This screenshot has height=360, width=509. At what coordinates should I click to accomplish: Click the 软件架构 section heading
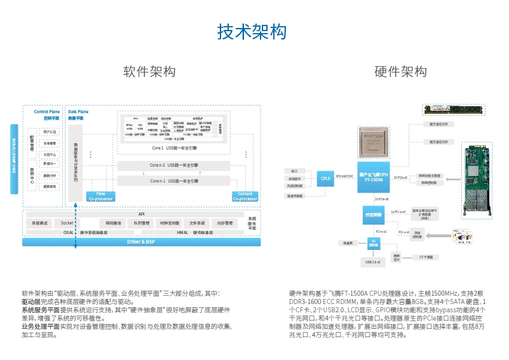pyautogui.click(x=149, y=72)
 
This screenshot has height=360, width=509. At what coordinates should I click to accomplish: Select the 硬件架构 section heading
pyautogui.click(x=400, y=72)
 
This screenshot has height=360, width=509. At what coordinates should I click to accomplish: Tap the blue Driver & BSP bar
pyautogui.click(x=140, y=242)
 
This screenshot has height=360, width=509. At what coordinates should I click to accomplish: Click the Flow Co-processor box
pyautogui.click(x=100, y=197)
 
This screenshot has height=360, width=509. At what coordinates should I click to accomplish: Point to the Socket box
pyautogui.click(x=67, y=223)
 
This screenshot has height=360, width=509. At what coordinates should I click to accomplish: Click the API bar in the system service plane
pyautogui.click(x=141, y=214)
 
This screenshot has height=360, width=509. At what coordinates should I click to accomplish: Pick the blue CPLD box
pyautogui.click(x=326, y=178)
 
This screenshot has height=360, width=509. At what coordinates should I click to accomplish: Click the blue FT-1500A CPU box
pyautogui.click(x=373, y=177)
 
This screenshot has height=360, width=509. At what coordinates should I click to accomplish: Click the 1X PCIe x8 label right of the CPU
pyautogui.click(x=400, y=177)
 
